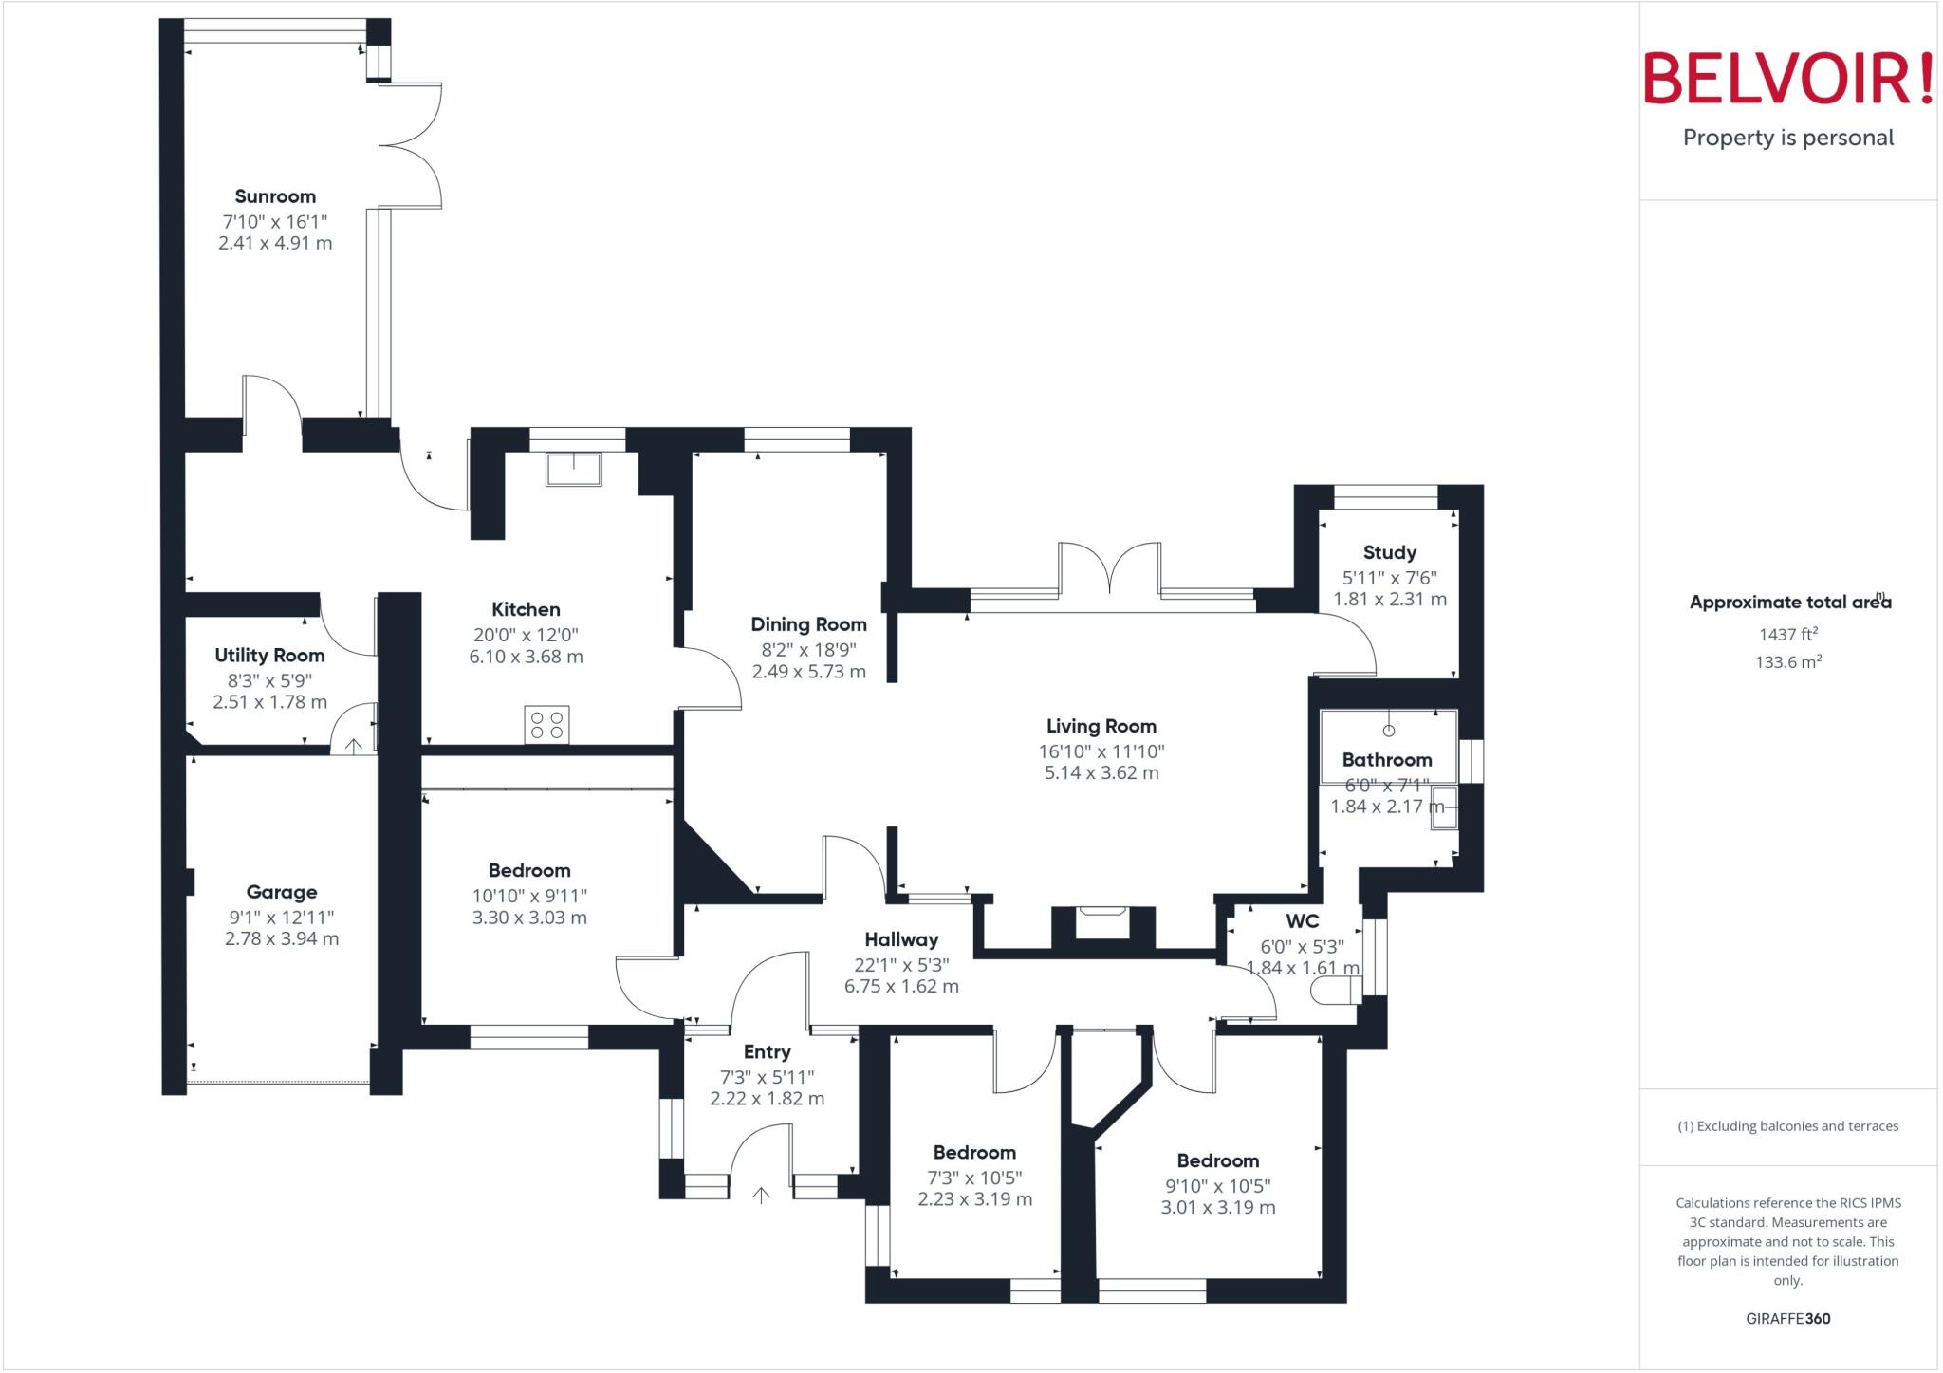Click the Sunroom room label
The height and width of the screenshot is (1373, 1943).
pos(275,196)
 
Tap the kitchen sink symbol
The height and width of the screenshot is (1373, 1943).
pos(573,469)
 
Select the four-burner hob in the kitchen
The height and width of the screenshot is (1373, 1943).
pos(547,725)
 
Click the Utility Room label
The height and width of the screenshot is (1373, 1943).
pos(269,656)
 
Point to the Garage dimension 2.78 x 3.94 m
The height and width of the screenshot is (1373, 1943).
pos(282,938)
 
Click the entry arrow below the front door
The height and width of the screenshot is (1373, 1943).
pos(761,1196)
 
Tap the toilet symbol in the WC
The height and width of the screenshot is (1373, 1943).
pos(1336,992)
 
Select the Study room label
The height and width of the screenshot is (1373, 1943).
pos(1389,552)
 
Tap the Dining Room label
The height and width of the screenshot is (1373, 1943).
pos(808,624)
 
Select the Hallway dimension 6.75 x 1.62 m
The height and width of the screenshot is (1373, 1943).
pos(901,986)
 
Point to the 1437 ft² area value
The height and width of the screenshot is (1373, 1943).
pos(1787,634)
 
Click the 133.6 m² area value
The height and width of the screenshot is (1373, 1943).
pos(1787,661)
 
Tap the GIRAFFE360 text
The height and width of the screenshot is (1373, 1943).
pos(1787,1318)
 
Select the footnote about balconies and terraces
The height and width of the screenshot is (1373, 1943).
pos(1787,1126)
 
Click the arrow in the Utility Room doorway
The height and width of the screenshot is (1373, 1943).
pos(353,746)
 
